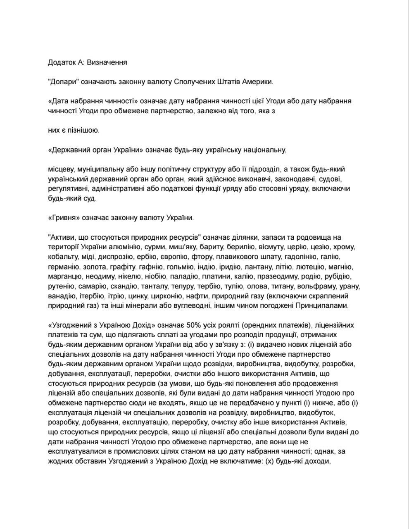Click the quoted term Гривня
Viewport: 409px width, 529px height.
point(64,218)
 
